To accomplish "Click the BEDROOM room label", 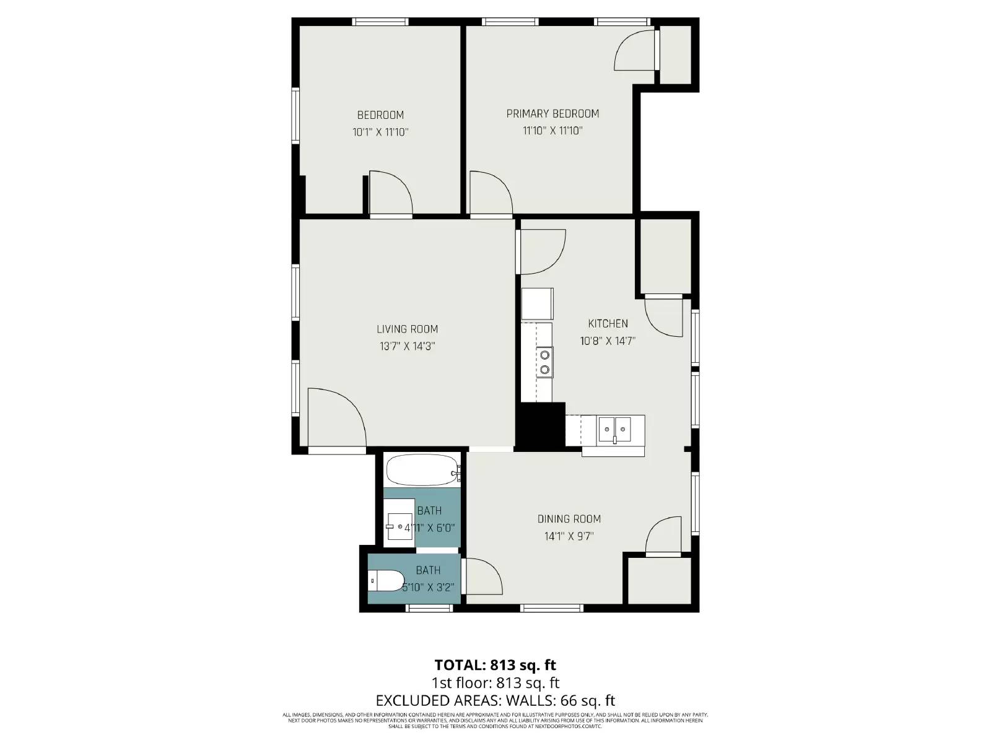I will tap(380, 115).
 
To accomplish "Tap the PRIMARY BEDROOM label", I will tap(552, 114).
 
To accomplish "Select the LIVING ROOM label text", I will tap(407, 329).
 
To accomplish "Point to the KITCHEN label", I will tap(608, 324).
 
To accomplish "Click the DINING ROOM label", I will tap(569, 519).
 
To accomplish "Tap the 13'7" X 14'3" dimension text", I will tap(407, 347).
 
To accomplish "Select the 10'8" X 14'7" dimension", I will tap(608, 341).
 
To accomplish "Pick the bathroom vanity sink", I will tap(399, 527).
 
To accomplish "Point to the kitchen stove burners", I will tap(544, 362).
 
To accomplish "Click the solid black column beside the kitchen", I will tap(540, 426).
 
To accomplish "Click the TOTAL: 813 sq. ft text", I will tap(495, 666).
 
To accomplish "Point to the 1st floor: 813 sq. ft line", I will tap(495, 683).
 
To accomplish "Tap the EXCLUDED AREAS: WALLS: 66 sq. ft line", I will tap(495, 701).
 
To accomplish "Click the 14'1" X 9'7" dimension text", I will tap(569, 537).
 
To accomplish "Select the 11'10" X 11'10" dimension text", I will tap(552, 131).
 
